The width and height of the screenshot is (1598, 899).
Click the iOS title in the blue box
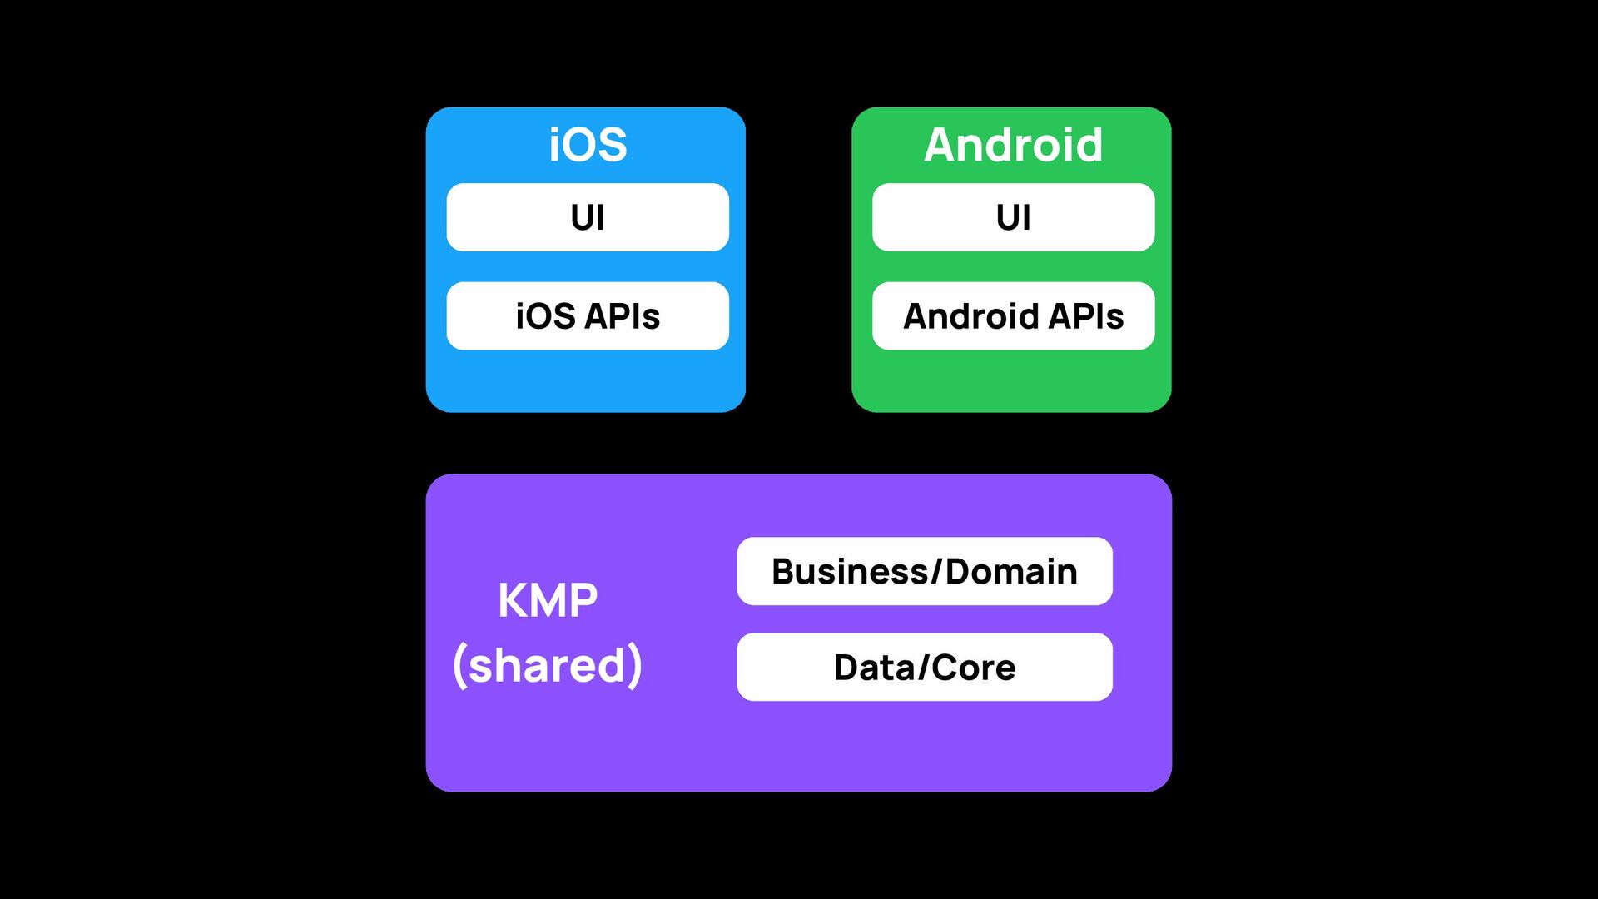point(588,145)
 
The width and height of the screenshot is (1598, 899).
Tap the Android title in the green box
point(1013,145)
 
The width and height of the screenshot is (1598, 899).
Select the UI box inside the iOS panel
point(588,217)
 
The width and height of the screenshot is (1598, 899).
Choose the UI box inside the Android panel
point(1013,217)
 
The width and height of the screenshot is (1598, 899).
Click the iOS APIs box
point(588,316)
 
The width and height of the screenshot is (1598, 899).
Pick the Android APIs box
point(1013,316)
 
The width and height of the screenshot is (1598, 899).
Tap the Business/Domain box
point(924,571)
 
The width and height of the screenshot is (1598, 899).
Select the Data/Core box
point(924,667)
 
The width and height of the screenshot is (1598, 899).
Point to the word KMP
point(548,600)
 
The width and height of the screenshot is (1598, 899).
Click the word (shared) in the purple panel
point(548,664)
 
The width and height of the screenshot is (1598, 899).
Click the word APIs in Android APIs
point(1086,316)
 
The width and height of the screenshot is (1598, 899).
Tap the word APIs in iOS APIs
point(623,316)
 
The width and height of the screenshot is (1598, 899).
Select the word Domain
point(1011,571)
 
